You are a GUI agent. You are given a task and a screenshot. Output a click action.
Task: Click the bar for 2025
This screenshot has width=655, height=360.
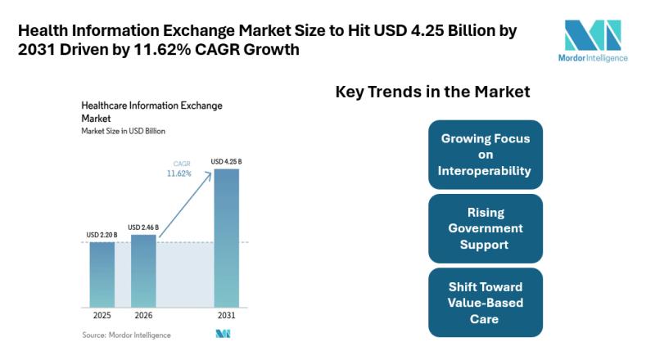tap(102, 275)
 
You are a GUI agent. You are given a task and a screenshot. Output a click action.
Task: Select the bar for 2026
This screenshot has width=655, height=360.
tap(143, 271)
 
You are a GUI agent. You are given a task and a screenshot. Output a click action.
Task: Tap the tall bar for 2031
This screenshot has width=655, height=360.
tap(227, 238)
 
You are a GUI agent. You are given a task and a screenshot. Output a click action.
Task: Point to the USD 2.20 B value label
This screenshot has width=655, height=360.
tap(102, 235)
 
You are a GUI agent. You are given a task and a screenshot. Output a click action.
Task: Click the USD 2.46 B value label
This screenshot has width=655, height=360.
tap(143, 227)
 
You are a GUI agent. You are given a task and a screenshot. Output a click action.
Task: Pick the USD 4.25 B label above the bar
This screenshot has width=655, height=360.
tap(226, 162)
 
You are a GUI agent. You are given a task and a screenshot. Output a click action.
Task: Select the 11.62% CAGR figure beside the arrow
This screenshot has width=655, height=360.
tap(178, 173)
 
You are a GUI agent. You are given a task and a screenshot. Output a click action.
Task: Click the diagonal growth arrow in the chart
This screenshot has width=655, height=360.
tap(186, 205)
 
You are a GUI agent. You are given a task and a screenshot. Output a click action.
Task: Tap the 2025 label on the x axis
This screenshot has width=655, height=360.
tap(102, 315)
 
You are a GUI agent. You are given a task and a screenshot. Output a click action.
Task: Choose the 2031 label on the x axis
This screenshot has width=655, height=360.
tap(227, 315)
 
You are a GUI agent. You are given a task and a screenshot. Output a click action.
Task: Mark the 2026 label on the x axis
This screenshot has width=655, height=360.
tap(143, 315)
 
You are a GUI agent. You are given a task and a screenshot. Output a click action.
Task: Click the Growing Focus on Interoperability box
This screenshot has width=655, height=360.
tap(486, 155)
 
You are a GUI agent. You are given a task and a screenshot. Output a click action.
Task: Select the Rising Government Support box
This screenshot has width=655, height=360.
tap(486, 228)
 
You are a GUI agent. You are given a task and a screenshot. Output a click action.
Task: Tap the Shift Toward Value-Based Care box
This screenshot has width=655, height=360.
tap(486, 303)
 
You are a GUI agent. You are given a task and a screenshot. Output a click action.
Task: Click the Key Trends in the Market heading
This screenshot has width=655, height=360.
tap(433, 92)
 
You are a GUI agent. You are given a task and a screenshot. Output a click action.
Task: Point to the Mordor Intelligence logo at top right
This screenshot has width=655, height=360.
tap(593, 41)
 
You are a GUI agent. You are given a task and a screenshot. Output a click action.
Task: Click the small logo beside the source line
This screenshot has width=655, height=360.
tap(223, 334)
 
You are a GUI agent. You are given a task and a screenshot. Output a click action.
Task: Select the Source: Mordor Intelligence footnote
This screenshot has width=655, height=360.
tap(126, 335)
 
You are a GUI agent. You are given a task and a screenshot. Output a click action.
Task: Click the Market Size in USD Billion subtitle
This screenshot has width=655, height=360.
tap(124, 131)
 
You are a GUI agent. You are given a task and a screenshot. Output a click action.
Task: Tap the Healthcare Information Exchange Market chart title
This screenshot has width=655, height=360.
tap(151, 112)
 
